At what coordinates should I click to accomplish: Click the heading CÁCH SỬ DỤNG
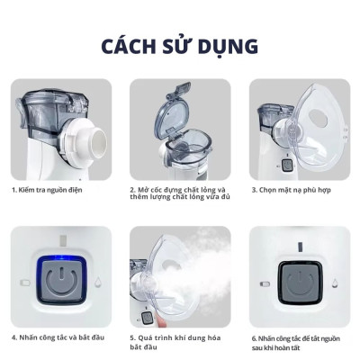pos(180,44)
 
